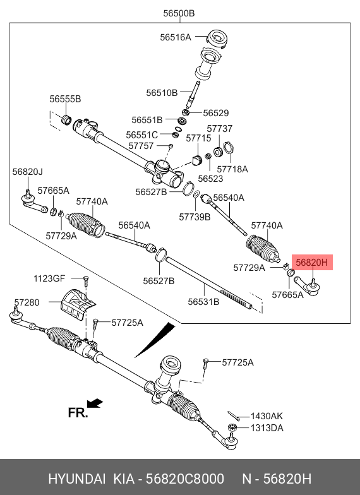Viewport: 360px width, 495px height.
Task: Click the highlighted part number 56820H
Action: click(x=312, y=262)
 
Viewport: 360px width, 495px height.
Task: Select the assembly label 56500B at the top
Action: click(x=179, y=13)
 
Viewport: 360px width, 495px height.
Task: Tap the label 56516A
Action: click(x=176, y=37)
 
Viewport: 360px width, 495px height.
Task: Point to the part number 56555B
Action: click(x=65, y=98)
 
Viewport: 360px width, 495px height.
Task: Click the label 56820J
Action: click(x=28, y=172)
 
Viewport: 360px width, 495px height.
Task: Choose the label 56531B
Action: click(x=203, y=302)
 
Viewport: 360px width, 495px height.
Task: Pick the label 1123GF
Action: click(x=49, y=278)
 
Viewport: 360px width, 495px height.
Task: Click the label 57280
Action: click(x=27, y=302)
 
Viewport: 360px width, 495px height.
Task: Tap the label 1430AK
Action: click(x=267, y=416)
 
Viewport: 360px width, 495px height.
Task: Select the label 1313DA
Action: click(x=267, y=428)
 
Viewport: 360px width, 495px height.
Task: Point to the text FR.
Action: click(x=77, y=413)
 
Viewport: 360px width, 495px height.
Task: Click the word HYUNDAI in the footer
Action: click(x=77, y=479)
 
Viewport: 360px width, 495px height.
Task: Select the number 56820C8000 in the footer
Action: click(x=184, y=479)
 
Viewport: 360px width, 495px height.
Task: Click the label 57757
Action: click(x=141, y=146)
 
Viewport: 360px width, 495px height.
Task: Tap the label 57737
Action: click(x=220, y=129)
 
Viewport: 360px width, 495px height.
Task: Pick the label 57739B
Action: click(x=195, y=217)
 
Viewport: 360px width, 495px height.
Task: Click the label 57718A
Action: click(x=232, y=169)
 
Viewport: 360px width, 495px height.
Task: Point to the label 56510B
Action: click(x=162, y=93)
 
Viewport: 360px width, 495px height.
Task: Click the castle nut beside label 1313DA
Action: click(x=232, y=428)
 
